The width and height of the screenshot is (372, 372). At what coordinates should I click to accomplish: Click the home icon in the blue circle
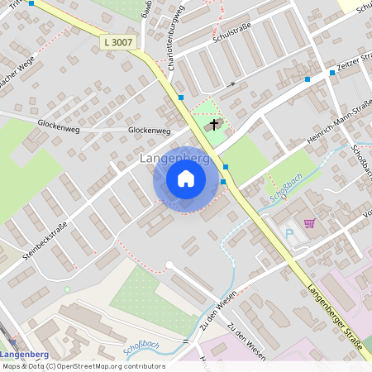tap(186, 179)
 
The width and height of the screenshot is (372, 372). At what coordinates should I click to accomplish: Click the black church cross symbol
tap(215, 125)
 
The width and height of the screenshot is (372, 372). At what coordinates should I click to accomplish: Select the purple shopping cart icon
tap(309, 222)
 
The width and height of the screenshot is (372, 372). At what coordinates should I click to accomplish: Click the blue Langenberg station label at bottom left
tap(34, 345)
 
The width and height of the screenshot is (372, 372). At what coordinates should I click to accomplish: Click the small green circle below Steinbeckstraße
tap(67, 289)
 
